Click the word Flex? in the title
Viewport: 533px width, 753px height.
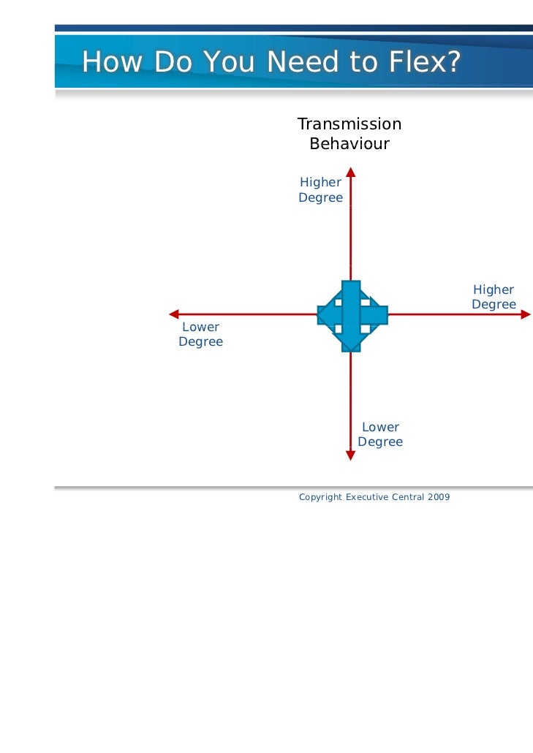(x=425, y=63)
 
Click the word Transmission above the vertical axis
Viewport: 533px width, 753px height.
(x=349, y=124)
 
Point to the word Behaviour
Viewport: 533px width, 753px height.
(x=349, y=144)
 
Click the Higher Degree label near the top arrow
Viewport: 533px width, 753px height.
(x=320, y=190)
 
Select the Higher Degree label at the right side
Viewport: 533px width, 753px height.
(x=494, y=297)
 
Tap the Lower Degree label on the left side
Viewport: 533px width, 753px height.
(x=200, y=334)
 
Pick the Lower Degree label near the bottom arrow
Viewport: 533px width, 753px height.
(x=380, y=434)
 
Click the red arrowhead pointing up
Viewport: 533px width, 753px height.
(x=351, y=173)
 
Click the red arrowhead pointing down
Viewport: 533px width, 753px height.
(x=351, y=455)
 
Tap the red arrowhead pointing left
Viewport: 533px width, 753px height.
(x=175, y=314)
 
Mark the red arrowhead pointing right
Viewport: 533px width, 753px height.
(x=526, y=314)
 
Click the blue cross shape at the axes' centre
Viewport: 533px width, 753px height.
(x=352, y=314)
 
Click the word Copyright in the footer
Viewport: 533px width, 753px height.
(x=320, y=497)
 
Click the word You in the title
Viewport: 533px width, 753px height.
(x=226, y=63)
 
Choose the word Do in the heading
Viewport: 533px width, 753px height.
(x=169, y=63)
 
